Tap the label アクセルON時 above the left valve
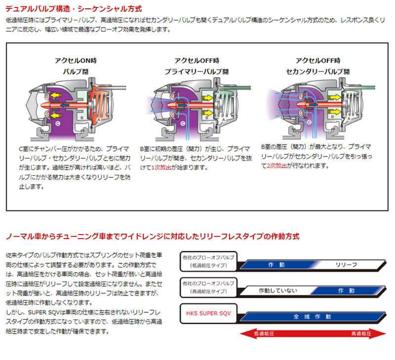pos(76,61)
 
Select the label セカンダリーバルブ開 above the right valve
pos(318,72)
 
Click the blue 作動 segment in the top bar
pos(276,265)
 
